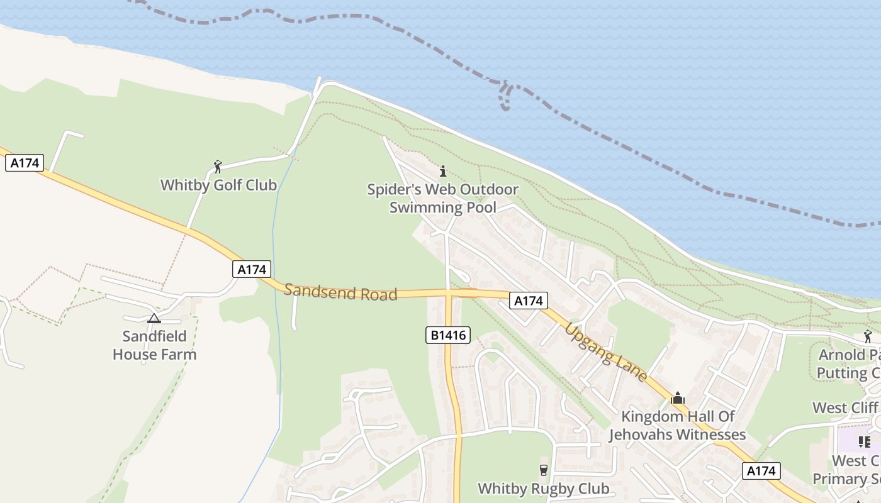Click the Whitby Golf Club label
coord(218,185)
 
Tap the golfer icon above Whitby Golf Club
coord(218,167)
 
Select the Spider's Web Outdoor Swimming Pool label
coord(443,198)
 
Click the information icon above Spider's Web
coord(443,171)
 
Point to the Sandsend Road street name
coord(340,292)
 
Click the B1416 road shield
coord(448,335)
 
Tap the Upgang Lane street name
coord(606,352)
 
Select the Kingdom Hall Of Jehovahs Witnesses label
coord(677,425)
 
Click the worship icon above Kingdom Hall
coord(678,398)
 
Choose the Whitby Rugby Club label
coord(544,489)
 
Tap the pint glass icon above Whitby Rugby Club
coord(544,470)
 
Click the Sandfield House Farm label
coord(154,345)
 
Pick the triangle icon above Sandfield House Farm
coord(154,318)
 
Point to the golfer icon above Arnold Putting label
coord(868,336)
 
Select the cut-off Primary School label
coord(846,470)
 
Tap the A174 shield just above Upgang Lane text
coord(528,301)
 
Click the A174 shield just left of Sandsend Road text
coord(252,270)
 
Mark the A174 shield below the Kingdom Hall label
coord(761,471)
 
